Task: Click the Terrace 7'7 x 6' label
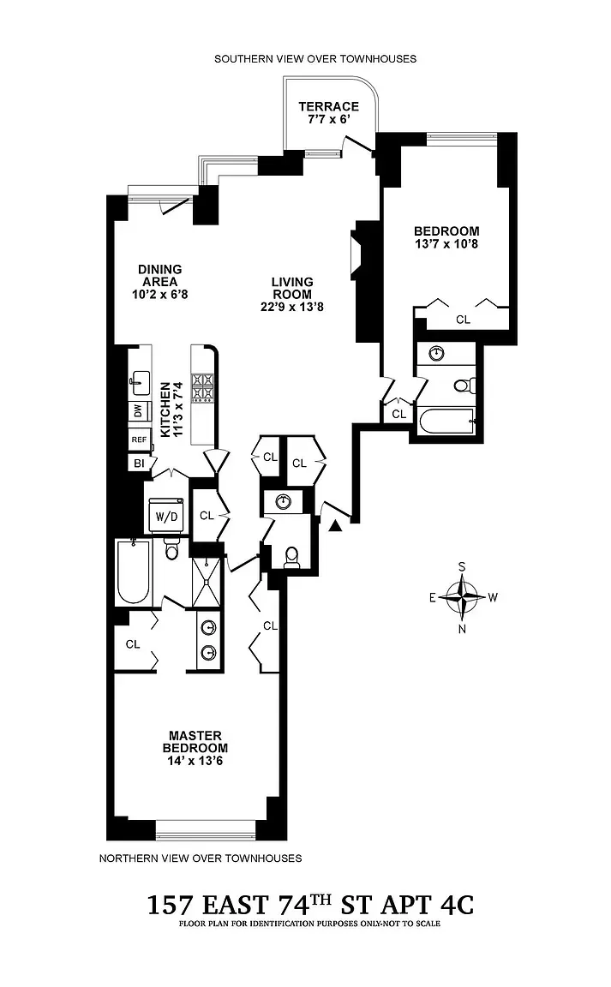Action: tap(328, 112)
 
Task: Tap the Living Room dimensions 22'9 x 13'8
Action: tap(292, 307)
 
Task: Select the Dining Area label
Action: tap(159, 281)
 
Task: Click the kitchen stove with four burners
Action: tap(203, 387)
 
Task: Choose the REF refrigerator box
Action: tap(139, 439)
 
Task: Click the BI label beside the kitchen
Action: tap(138, 464)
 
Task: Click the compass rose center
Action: tap(463, 596)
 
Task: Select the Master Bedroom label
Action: tap(195, 742)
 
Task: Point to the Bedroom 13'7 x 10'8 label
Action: tap(446, 237)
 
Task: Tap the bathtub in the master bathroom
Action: tap(133, 573)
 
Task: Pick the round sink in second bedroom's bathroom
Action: tap(437, 353)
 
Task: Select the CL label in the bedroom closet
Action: tap(463, 320)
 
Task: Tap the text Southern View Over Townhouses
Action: tap(315, 59)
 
